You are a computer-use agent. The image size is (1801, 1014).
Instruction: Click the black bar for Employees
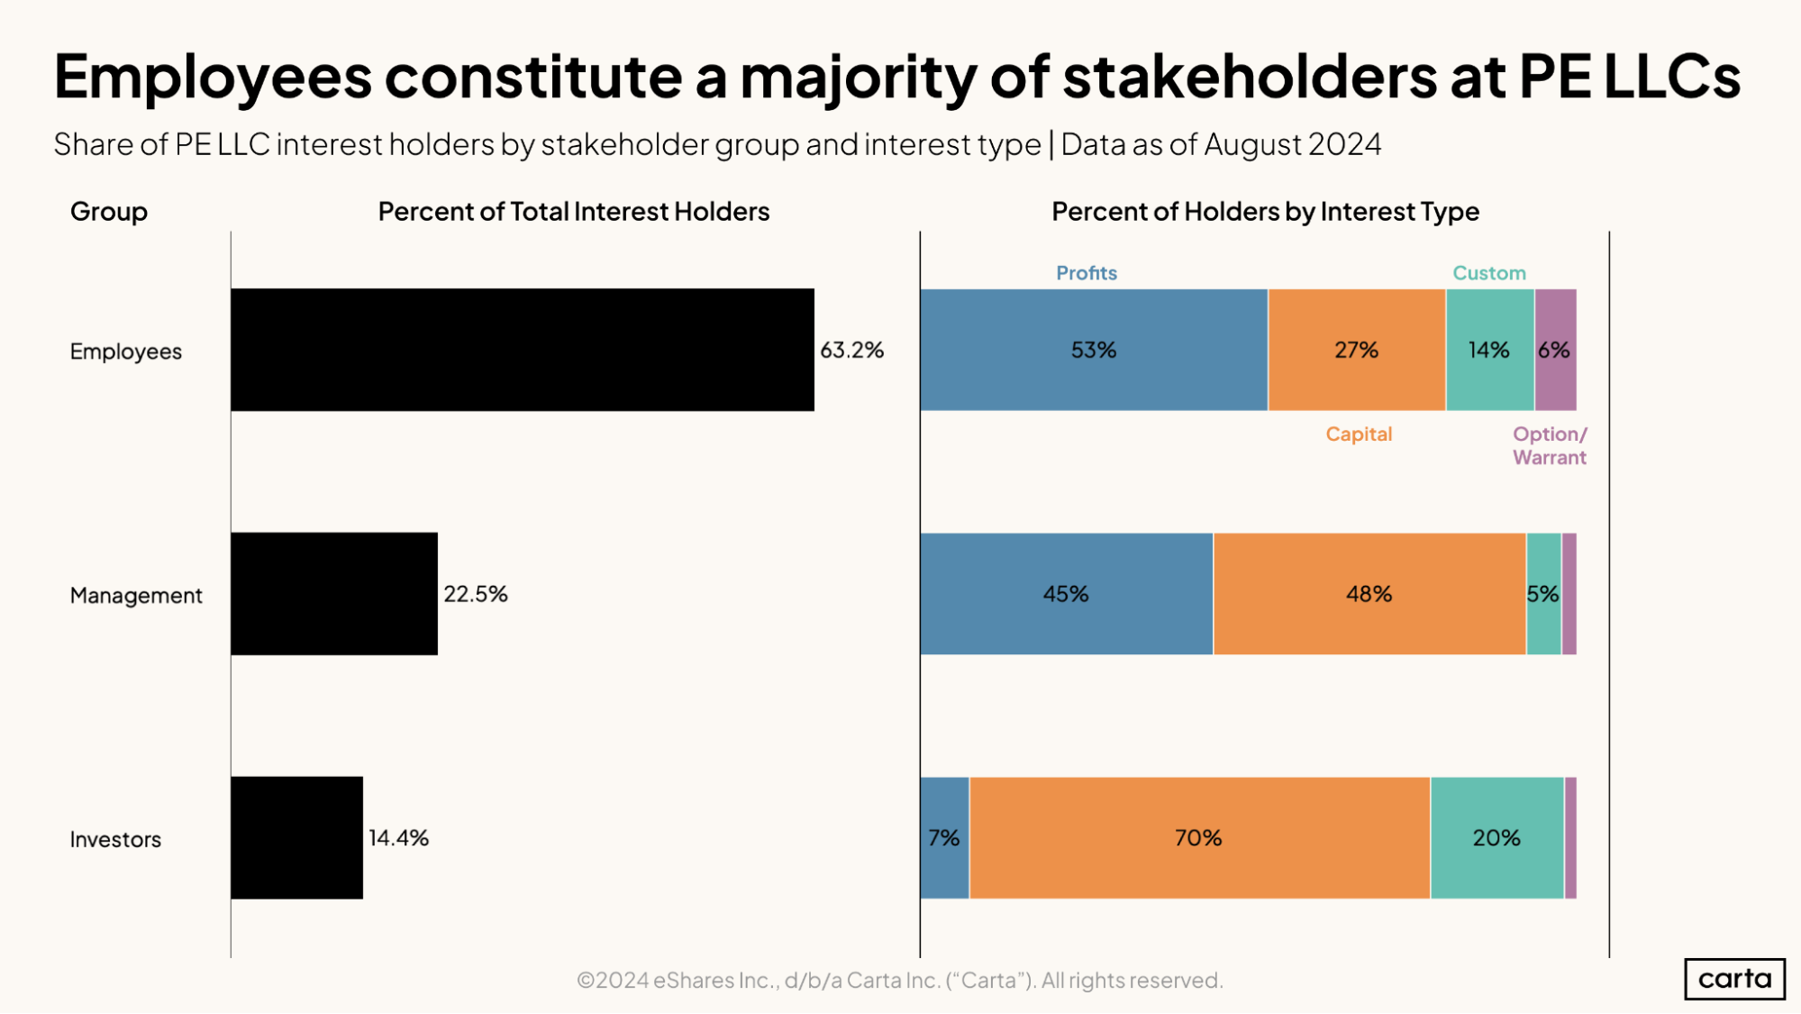[523, 350]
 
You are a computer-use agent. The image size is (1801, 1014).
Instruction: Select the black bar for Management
[334, 593]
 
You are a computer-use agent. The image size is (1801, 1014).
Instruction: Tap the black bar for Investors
[296, 837]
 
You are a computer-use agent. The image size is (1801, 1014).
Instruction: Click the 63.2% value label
[851, 350]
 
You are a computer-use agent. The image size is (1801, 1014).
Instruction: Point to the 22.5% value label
[476, 594]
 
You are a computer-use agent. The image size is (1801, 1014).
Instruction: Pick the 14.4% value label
[398, 837]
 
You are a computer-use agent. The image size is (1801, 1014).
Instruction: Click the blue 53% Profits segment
[1093, 350]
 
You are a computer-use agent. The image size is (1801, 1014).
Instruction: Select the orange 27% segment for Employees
[1356, 350]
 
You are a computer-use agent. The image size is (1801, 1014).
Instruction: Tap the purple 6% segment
[1555, 350]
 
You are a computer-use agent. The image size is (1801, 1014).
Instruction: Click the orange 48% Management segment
[1369, 594]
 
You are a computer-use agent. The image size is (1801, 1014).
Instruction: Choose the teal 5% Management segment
[1542, 594]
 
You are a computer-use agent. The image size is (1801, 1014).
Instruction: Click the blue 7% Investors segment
[944, 837]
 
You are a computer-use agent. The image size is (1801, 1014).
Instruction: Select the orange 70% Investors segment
[1198, 837]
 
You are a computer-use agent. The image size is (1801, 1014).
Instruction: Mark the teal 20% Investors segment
[1496, 837]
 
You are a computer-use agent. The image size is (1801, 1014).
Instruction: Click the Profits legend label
[1086, 273]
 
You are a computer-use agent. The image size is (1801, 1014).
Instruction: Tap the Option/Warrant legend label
[1549, 445]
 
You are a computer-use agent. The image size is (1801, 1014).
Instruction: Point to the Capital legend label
[1359, 434]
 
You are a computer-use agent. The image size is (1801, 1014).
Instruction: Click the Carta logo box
[1734, 978]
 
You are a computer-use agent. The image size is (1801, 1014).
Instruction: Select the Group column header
[109, 211]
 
